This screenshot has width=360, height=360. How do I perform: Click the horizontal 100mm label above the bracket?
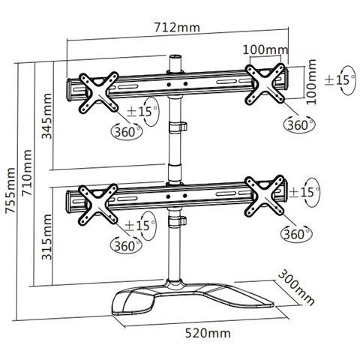266,50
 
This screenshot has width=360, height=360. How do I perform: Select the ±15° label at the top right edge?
339,79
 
